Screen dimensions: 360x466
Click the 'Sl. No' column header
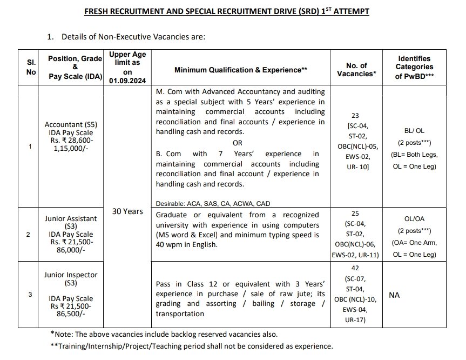pyautogui.click(x=31, y=67)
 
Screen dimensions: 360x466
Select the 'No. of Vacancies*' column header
pyautogui.click(x=356, y=70)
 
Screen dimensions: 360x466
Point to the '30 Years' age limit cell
pyautogui.click(x=127, y=211)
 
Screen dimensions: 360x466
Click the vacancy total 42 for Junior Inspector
pyautogui.click(x=356, y=268)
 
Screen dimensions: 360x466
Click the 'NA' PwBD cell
pyautogui.click(x=394, y=295)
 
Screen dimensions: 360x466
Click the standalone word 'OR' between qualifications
pyautogui.click(x=237, y=143)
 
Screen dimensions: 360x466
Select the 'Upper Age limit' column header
pyautogui.click(x=127, y=67)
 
